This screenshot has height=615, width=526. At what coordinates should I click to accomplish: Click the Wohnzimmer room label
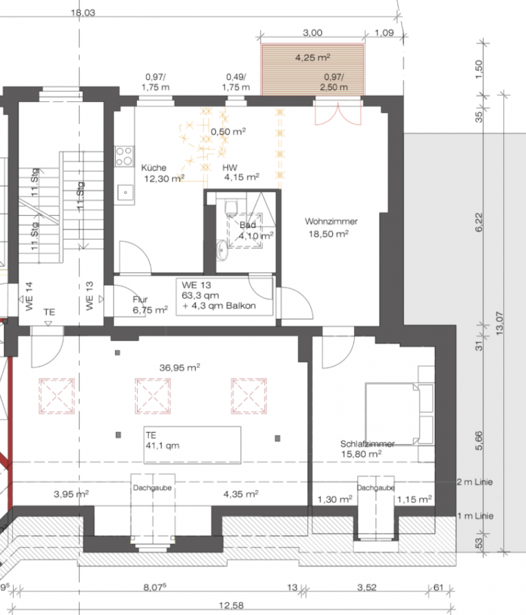click(331, 221)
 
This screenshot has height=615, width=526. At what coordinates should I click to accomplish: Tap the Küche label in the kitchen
click(154, 168)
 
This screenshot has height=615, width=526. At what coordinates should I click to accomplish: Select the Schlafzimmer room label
click(368, 444)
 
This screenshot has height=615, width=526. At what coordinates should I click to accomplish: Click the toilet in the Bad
click(231, 207)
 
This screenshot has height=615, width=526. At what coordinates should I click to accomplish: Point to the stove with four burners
click(125, 156)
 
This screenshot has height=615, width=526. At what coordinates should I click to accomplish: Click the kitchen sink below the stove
click(125, 192)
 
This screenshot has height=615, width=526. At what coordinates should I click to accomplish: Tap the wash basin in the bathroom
click(222, 250)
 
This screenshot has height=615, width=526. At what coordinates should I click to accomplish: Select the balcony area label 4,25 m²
click(312, 58)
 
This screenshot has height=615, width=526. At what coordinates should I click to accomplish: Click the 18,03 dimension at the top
click(83, 12)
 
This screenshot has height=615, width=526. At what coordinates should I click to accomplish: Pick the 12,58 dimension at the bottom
click(231, 605)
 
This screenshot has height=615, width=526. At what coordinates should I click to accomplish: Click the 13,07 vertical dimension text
click(499, 323)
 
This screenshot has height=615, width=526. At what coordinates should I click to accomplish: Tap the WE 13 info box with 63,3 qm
click(225, 297)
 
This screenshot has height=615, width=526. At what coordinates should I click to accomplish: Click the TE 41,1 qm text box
click(192, 444)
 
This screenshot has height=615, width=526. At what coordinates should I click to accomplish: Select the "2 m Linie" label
click(475, 482)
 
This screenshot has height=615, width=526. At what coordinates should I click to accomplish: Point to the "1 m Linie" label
click(475, 516)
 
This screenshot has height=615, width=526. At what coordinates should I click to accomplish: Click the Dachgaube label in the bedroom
click(376, 488)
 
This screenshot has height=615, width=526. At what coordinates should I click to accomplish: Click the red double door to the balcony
click(338, 113)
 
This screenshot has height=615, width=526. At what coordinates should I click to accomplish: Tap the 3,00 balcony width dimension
click(312, 33)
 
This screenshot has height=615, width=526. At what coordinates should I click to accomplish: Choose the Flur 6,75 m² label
click(150, 305)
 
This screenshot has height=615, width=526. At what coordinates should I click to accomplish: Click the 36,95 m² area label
click(179, 368)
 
